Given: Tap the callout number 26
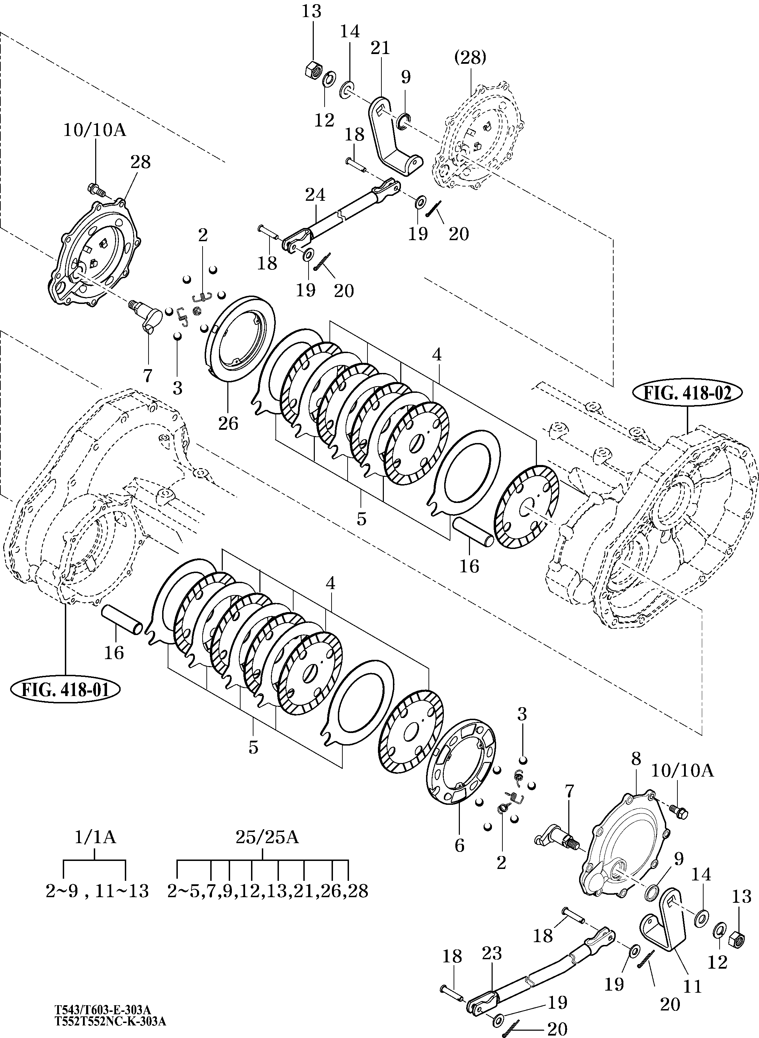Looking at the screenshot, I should click(228, 423).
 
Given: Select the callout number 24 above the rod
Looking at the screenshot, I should click(315, 195).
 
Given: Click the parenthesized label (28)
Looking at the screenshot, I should click(470, 58).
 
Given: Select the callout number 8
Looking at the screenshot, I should click(636, 758).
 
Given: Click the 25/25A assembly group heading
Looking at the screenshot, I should click(267, 837).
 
